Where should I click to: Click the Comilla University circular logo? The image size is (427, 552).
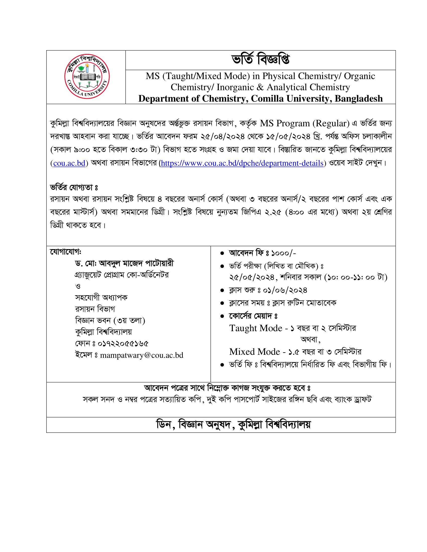(87, 77)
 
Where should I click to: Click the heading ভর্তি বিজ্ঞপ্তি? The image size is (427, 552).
(260, 60)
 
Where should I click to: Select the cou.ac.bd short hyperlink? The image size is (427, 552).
(69, 163)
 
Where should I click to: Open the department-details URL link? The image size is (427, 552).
(242, 163)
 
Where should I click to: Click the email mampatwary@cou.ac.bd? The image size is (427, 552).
(142, 355)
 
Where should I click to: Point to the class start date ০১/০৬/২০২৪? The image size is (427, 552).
(285, 290)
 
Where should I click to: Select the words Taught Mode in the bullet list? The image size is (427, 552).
(255, 328)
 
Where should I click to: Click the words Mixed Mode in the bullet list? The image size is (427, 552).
(254, 352)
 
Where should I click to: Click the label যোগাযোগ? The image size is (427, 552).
(66, 252)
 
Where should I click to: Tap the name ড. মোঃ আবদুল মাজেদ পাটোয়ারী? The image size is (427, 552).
(124, 264)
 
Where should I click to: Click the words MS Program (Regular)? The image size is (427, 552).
(305, 123)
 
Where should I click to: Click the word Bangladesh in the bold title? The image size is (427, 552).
(359, 99)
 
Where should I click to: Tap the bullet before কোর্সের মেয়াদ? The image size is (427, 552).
(222, 316)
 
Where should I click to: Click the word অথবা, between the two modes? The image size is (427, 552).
(310, 339)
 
